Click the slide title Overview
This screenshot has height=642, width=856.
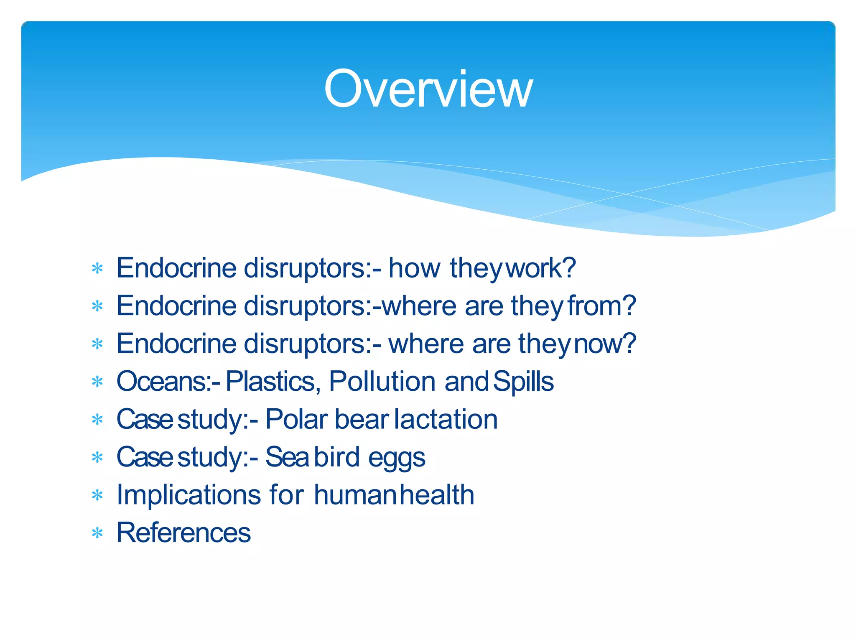pyautogui.click(x=428, y=89)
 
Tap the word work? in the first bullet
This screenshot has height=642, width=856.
pyautogui.click(x=540, y=268)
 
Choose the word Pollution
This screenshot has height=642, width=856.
pyautogui.click(x=382, y=381)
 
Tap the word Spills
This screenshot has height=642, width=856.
pyautogui.click(x=523, y=381)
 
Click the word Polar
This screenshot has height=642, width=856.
pyautogui.click(x=296, y=419)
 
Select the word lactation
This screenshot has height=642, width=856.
pyautogui.click(x=446, y=419)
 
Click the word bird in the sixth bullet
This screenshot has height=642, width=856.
pyautogui.click(x=336, y=457)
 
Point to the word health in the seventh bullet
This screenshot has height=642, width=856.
pyautogui.click(x=437, y=495)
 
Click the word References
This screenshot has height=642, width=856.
pyautogui.click(x=183, y=533)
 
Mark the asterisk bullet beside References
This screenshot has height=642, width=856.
pyautogui.click(x=97, y=533)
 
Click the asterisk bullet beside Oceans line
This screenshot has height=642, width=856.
pyautogui.click(x=97, y=382)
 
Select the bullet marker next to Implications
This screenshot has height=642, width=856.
pyautogui.click(x=97, y=496)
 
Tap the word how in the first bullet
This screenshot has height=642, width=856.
pyautogui.click(x=414, y=268)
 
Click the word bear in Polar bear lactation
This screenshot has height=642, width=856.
pyautogui.click(x=361, y=419)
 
